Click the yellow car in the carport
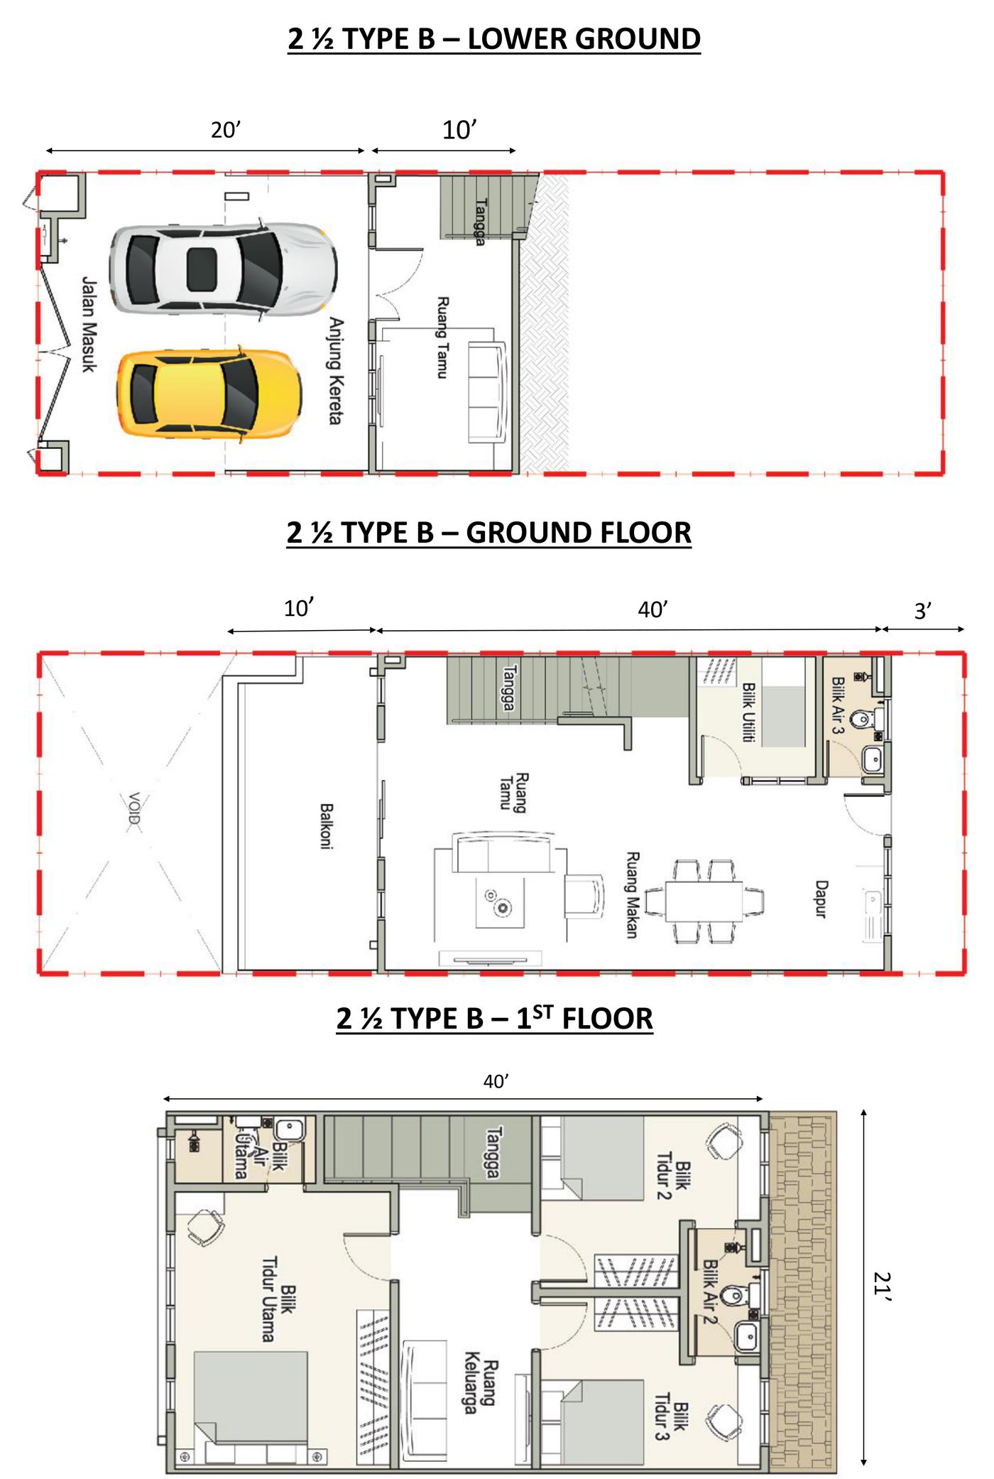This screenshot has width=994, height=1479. [209, 394]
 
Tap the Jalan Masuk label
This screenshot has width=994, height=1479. [88, 324]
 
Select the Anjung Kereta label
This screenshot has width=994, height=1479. [335, 370]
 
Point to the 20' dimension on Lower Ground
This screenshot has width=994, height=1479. [226, 130]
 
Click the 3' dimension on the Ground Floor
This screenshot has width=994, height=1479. [923, 611]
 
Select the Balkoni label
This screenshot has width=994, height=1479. [327, 826]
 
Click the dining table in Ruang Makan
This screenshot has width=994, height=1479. [704, 901]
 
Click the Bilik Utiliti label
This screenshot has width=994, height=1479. [748, 712]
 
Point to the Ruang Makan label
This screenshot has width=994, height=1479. [632, 895]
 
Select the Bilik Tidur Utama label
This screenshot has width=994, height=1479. [278, 1299]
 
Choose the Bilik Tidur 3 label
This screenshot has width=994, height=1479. [672, 1419]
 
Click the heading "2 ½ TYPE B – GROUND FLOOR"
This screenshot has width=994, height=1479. [489, 533]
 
